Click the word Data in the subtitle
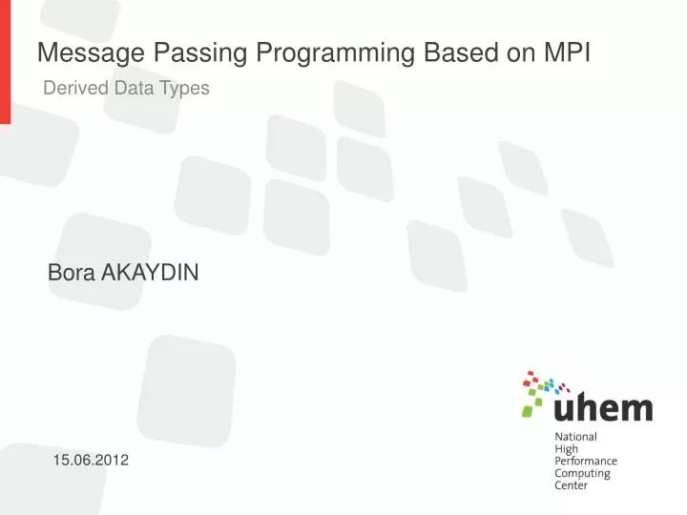[x=134, y=89]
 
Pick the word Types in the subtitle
[x=183, y=89]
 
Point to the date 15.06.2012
[x=91, y=461]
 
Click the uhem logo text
[x=603, y=408]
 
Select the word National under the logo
[x=575, y=437]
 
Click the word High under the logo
[x=567, y=449]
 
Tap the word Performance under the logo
[x=586, y=461]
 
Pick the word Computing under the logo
[x=581, y=473]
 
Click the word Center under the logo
[x=572, y=485]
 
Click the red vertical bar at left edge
[x=5, y=61]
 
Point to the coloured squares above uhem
[x=542, y=388]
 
